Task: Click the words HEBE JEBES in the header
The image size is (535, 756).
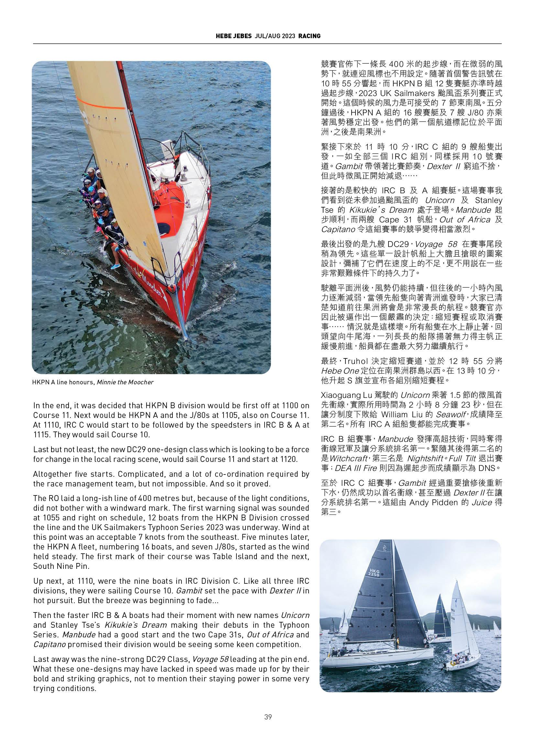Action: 234,36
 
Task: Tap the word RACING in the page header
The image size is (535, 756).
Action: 309,36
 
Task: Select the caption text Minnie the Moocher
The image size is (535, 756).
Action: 125,382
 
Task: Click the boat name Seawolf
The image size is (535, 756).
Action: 449,414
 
